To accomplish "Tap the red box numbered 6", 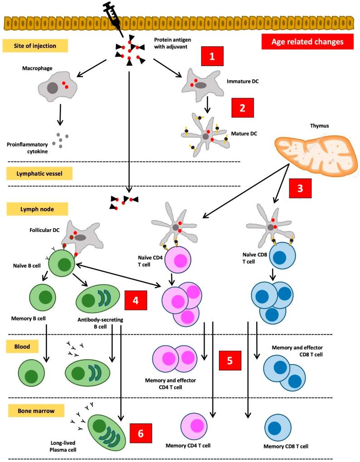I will [141, 433].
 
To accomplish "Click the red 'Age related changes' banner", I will [306, 42].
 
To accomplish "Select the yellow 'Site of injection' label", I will [35, 45].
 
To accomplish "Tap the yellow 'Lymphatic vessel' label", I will [35, 173].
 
